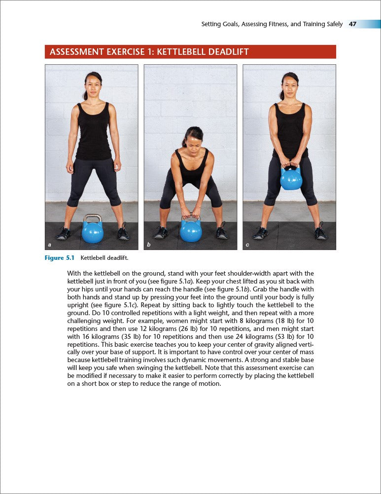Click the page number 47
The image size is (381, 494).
tap(353, 24)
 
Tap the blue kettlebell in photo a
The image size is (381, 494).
tap(93, 232)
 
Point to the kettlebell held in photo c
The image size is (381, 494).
tap(291, 178)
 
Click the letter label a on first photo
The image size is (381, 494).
tap(49, 245)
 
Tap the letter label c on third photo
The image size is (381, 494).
tap(247, 245)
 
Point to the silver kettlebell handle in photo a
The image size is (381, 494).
tap(92, 218)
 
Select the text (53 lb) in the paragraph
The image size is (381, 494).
tap(278, 341)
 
